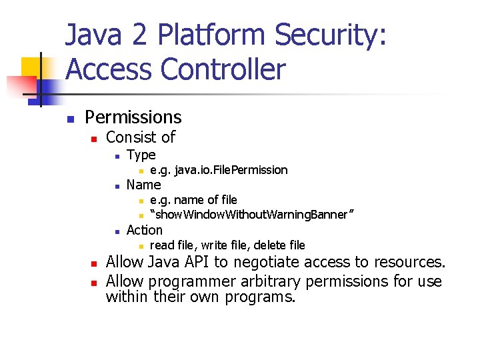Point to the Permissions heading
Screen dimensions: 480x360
[x=133, y=117]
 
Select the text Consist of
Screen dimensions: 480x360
[x=141, y=137]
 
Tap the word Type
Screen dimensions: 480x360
[x=141, y=155]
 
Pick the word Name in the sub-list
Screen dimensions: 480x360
[x=143, y=185]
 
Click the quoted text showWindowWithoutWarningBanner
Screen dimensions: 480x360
[x=251, y=215]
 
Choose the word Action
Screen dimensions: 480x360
[x=144, y=230]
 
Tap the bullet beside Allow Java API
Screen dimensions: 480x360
[x=94, y=263]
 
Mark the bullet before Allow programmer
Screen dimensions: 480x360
[x=94, y=281]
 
